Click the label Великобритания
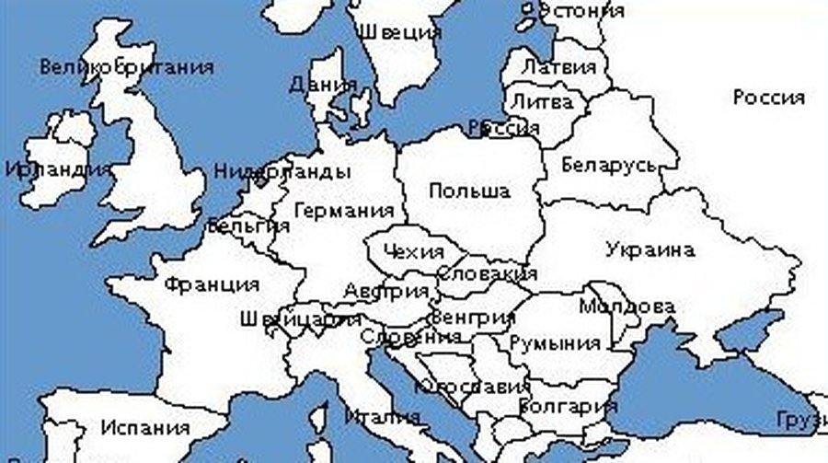(127, 67)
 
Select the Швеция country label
(399, 32)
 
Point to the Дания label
(323, 85)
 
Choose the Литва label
(541, 100)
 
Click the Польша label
(469, 191)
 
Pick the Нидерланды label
(282, 171)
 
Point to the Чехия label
(412, 251)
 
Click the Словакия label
(487, 273)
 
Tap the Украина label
(650, 250)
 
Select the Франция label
(211, 284)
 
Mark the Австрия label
(385, 292)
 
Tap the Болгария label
(568, 405)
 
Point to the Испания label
(145, 428)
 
